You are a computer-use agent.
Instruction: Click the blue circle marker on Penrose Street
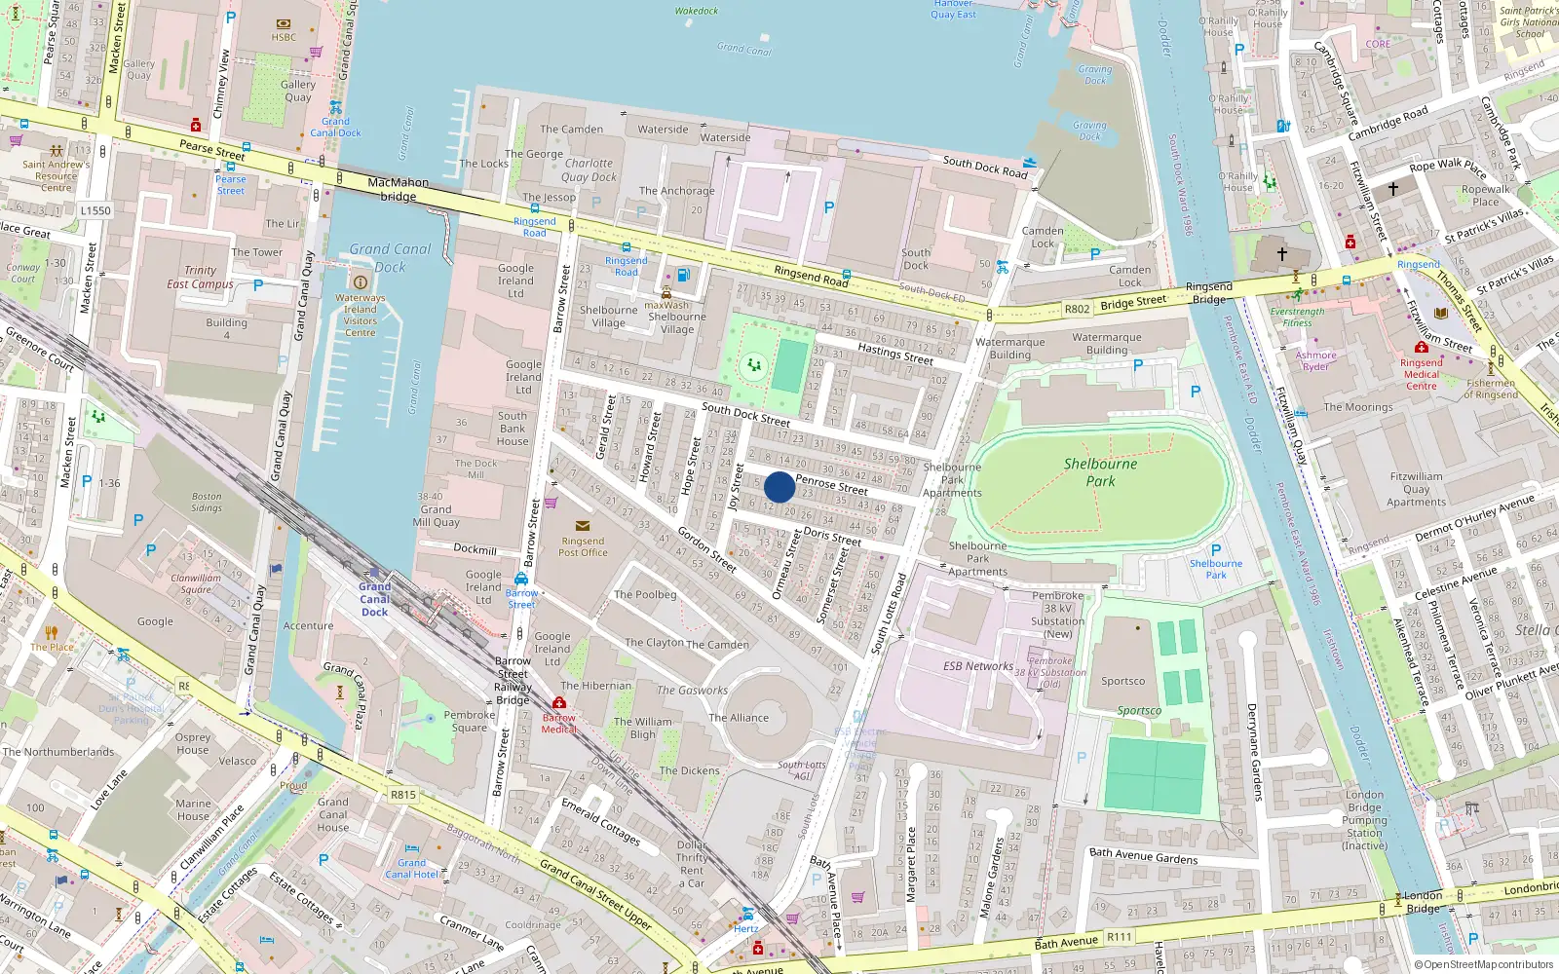point(779,487)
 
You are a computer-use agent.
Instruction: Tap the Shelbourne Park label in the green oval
point(1100,472)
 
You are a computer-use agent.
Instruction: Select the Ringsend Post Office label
point(583,546)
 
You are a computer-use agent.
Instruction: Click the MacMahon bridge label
point(398,189)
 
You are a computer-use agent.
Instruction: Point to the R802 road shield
point(1077,309)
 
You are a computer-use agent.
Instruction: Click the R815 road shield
point(403,795)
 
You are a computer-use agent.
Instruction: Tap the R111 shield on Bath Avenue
point(1120,937)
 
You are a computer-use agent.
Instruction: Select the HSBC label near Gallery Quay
point(284,37)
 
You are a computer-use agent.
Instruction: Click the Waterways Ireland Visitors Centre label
point(360,315)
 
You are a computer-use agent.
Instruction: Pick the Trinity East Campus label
point(201,278)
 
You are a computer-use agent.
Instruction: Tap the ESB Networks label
point(978,666)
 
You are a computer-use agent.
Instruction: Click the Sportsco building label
point(1122,682)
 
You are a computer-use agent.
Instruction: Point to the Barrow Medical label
point(559,723)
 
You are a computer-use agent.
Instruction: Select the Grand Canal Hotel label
point(411,868)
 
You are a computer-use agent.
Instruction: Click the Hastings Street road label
point(895,354)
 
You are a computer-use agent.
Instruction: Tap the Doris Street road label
point(832,537)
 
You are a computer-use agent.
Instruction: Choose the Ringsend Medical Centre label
point(1421,374)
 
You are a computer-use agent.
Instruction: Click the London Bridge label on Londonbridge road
point(1423,902)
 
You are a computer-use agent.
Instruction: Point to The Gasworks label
point(692,691)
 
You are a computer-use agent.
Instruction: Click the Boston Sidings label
point(207,502)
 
